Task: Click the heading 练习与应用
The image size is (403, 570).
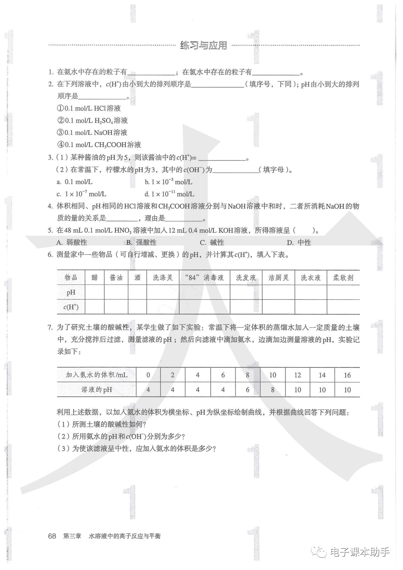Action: (203, 46)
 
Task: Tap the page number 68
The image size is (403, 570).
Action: (52, 536)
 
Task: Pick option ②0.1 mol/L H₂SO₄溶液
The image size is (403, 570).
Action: (92, 121)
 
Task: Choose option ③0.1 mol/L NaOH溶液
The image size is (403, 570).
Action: (92, 133)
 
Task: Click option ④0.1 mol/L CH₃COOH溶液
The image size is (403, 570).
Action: (99, 145)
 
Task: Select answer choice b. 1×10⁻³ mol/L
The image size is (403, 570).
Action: (169, 182)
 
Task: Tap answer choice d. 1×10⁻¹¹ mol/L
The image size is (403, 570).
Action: (169, 194)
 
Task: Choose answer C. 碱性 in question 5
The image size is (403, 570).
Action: (212, 243)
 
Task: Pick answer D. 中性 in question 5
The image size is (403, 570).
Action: (299, 243)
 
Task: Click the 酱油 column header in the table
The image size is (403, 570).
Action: (116, 278)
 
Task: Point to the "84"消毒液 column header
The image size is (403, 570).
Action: (204, 278)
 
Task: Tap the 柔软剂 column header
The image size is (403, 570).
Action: (343, 278)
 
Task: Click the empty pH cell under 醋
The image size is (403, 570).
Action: (95, 292)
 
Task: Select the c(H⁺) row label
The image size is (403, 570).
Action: (71, 307)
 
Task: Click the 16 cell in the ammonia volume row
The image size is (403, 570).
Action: (347, 375)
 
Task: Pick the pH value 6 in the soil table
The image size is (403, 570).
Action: (247, 390)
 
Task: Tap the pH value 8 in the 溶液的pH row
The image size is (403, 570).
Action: (273, 390)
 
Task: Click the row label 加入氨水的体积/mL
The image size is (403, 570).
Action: (97, 375)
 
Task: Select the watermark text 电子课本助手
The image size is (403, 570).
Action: (359, 552)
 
